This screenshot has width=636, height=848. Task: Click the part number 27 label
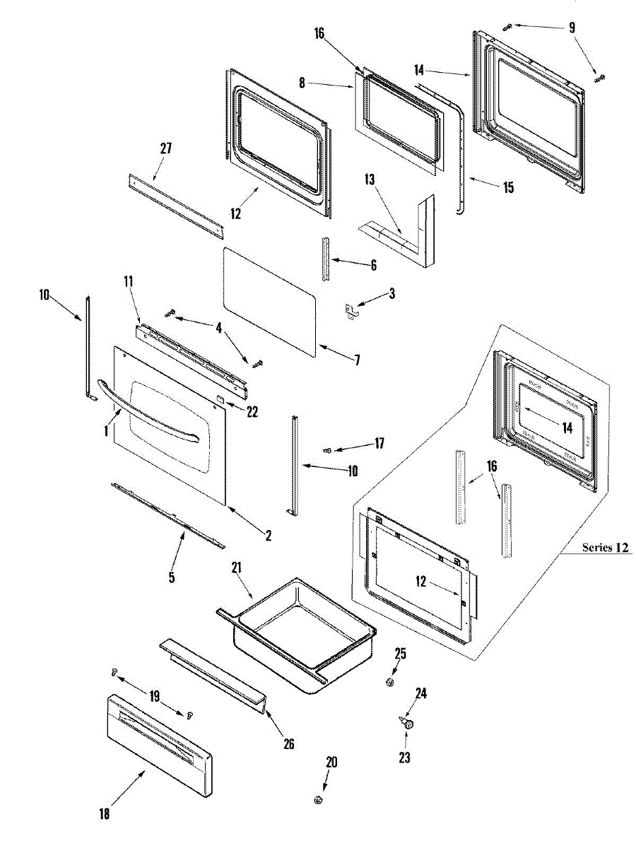pos(166,148)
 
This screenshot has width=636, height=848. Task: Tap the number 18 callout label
pos(105,814)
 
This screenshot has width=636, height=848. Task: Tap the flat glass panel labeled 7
pos(269,297)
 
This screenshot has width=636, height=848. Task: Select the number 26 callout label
pos(288,743)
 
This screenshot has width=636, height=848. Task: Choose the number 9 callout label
pos(572,28)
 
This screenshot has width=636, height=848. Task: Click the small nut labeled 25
pos(389,682)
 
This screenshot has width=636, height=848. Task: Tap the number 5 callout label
pos(172,577)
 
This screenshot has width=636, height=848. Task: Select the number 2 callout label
pos(269,536)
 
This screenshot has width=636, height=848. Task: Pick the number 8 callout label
pos(302,83)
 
